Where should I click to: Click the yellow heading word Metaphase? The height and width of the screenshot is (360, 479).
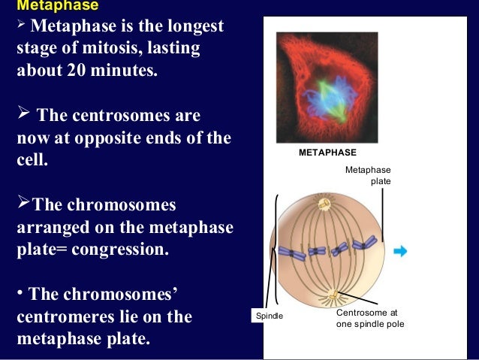tap(51, 6)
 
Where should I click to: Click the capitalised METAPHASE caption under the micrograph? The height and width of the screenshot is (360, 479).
tap(327, 153)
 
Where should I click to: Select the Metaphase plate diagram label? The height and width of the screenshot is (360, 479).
tap(367, 176)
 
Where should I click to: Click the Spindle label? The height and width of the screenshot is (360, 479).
tap(271, 316)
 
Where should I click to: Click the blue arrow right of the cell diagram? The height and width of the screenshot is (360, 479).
tap(400, 251)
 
